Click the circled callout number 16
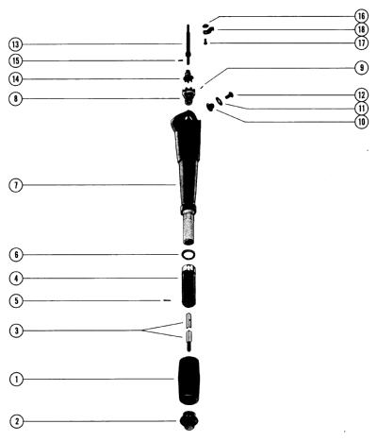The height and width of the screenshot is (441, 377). coord(362,16)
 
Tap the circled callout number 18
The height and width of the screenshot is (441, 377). coord(362,29)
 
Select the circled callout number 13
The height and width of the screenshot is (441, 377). coord(15,44)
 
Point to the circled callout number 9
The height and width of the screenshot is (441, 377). coord(362,68)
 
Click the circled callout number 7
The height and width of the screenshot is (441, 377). coord(16,185)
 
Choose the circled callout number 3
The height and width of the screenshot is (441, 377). coord(16,331)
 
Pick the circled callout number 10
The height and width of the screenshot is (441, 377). coord(362,122)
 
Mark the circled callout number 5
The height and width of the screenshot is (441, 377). coord(16,301)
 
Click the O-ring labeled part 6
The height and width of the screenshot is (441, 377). coord(188,254)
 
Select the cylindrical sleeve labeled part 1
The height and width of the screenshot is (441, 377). coord(189,381)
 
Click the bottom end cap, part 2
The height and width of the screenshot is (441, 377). coord(188,420)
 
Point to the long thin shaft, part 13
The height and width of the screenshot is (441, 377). coord(188,44)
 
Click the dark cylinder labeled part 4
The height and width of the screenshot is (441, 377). coord(188,287)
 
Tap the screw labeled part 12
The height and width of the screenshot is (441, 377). coord(230,94)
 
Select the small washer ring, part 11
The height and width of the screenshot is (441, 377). coord(219,101)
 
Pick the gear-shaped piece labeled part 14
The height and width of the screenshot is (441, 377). coord(188,76)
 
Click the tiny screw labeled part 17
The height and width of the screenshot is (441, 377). coord(205,42)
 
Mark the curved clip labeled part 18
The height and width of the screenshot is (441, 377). coord(208,30)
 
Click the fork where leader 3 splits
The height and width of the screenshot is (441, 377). coord(142,331)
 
